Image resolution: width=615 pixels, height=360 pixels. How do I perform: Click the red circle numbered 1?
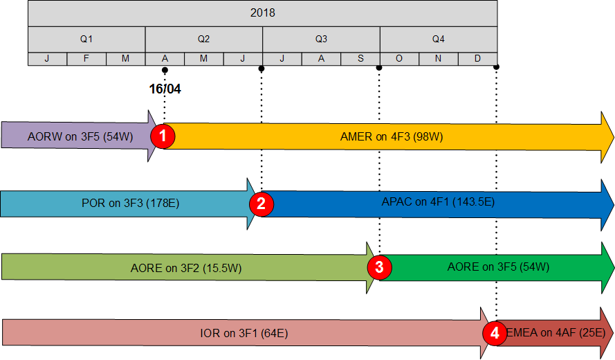pos(163,136)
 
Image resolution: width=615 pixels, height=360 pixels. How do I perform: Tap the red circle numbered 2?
pos(261,204)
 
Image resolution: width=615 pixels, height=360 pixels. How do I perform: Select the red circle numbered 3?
pos(379,267)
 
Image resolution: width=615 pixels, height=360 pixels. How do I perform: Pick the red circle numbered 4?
pos(495,333)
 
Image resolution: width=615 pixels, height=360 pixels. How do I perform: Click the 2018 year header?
pos(263,13)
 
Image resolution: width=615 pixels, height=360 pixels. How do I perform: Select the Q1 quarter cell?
pos(86,39)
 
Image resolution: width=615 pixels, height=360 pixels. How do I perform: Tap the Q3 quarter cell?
pos(321,39)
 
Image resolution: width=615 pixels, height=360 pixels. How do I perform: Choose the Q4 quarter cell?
pos(439,39)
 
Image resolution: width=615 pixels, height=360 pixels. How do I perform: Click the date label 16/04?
pos(165,89)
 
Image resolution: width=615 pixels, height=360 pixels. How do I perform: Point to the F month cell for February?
pos(86,58)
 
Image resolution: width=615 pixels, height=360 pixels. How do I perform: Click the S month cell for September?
pos(360,58)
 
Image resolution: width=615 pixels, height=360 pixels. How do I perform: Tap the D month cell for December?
pos(478,58)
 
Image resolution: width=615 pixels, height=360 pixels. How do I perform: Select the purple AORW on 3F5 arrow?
pos(76,136)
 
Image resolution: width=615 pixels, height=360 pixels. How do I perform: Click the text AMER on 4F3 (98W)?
pos(392,136)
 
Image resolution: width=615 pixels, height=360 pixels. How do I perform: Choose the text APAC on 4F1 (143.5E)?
pos(438,203)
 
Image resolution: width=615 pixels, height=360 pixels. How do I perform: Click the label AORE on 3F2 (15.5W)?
pos(185,267)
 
